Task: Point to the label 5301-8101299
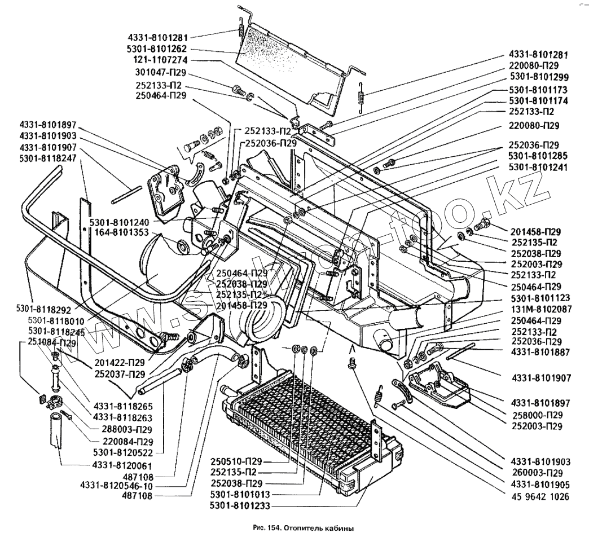pyautogui.click(x=539, y=77)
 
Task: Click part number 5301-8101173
pyautogui.click(x=539, y=90)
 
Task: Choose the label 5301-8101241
pyautogui.click(x=539, y=167)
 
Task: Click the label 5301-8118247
pyautogui.click(x=48, y=159)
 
